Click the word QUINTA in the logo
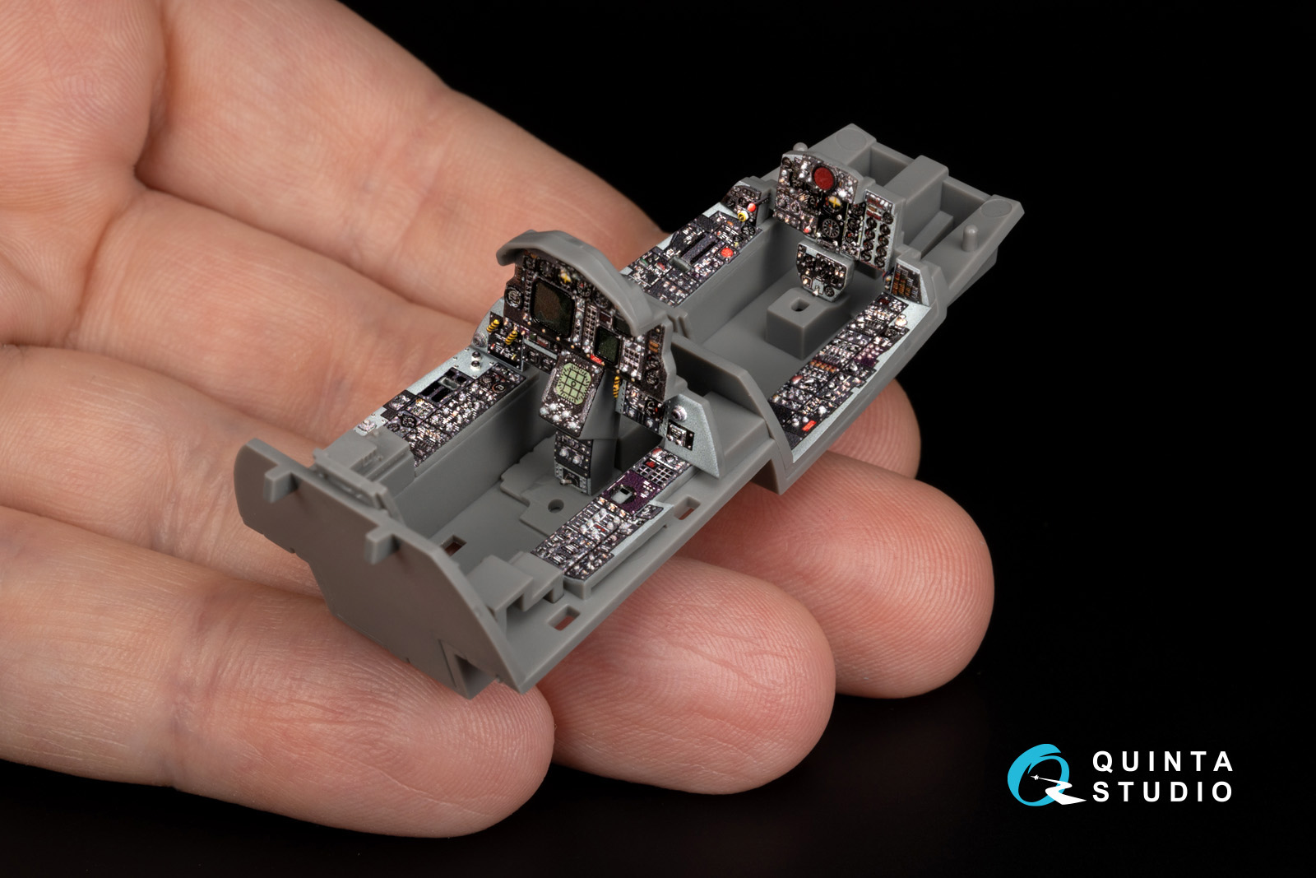(1162, 762)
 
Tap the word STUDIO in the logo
(1162, 792)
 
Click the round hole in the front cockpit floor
(554, 504)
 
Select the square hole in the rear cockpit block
(799, 305)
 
